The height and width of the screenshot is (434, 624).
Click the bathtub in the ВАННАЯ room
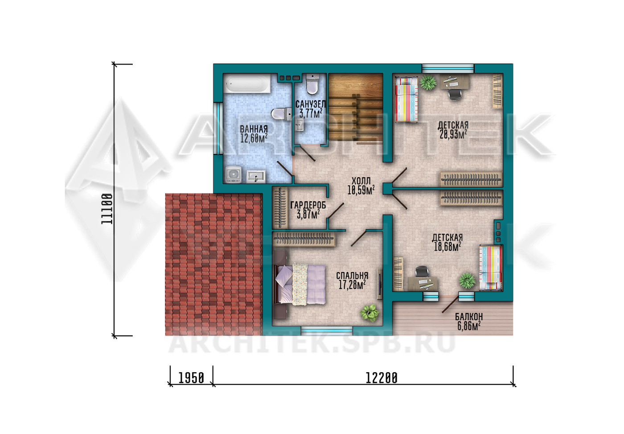[x=247, y=84]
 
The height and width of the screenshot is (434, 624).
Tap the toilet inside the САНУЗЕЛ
[x=312, y=84]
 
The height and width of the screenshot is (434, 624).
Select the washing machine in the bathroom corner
[x=234, y=174]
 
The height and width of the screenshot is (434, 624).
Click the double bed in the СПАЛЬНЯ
[x=300, y=284]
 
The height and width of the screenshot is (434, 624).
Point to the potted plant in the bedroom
[x=369, y=312]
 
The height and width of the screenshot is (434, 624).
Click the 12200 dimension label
[x=381, y=378]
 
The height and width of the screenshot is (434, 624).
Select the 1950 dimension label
[x=191, y=378]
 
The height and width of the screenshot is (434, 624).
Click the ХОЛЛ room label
[x=361, y=181]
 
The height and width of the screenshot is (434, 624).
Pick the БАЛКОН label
[x=469, y=316]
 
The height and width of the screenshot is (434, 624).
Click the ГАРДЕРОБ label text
[x=308, y=205]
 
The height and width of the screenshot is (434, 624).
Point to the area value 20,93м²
[x=453, y=134]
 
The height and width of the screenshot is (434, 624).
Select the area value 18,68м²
[x=447, y=247]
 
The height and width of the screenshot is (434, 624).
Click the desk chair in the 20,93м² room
[x=455, y=94]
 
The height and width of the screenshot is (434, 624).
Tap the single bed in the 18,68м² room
[x=491, y=268]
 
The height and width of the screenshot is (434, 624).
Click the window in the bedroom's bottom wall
[x=326, y=331]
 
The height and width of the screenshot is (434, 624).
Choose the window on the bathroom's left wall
[x=218, y=129]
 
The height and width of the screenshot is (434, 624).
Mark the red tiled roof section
[x=214, y=264]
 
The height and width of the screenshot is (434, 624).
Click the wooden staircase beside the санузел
[x=356, y=107]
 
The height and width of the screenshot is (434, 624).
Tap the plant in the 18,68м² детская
[x=467, y=280]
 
